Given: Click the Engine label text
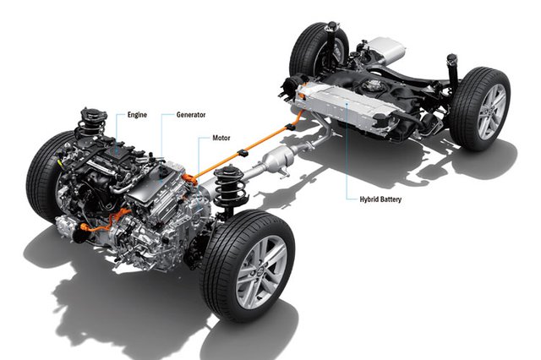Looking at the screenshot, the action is pyautogui.click(x=137, y=115).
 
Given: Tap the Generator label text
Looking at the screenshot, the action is pyautogui.click(x=191, y=115).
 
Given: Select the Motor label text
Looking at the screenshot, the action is pyautogui.click(x=221, y=138).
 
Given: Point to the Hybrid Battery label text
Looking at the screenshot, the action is pyautogui.click(x=380, y=199).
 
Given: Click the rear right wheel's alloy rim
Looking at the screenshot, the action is pyautogui.click(x=492, y=112).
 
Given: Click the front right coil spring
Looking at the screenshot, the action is pyautogui.click(x=229, y=188).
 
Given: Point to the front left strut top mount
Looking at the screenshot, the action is pyautogui.click(x=92, y=117).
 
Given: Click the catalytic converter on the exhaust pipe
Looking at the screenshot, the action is pyautogui.click(x=278, y=159).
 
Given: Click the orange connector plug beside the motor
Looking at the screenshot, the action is pyautogui.click(x=189, y=179).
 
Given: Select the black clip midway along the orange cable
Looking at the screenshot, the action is pyautogui.click(x=243, y=152).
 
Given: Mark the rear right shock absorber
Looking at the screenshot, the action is pyautogui.click(x=453, y=74).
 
